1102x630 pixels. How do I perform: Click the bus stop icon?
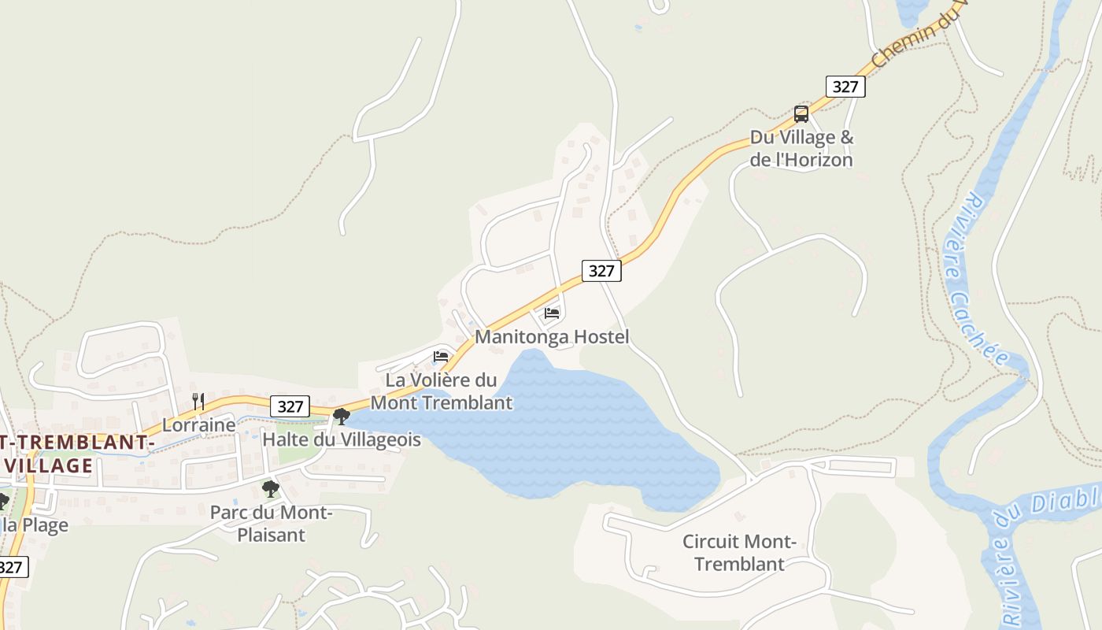click(801, 114)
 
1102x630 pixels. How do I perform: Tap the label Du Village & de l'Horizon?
click(801, 148)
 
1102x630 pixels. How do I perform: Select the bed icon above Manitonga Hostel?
click(552, 313)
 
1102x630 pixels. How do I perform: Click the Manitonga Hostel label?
click(552, 337)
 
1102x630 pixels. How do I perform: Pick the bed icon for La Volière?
click(441, 357)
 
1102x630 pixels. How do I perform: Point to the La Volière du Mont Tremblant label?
click(442, 391)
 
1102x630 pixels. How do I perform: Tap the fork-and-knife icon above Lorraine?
click(198, 402)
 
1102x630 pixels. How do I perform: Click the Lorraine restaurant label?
click(199, 425)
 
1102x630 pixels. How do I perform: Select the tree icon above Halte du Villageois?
click(341, 416)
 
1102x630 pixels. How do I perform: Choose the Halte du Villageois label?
click(342, 439)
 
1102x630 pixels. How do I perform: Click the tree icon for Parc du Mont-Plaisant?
click(271, 489)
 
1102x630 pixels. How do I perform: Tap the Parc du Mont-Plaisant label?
click(272, 524)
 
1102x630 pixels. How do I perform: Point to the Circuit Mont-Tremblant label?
click(740, 553)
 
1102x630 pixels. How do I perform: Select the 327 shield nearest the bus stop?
click(845, 86)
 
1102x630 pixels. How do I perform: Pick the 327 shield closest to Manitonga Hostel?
click(601, 271)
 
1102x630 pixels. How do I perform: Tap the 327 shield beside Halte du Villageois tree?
click(290, 406)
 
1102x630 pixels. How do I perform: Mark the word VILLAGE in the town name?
click(49, 465)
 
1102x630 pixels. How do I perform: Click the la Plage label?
click(35, 525)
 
